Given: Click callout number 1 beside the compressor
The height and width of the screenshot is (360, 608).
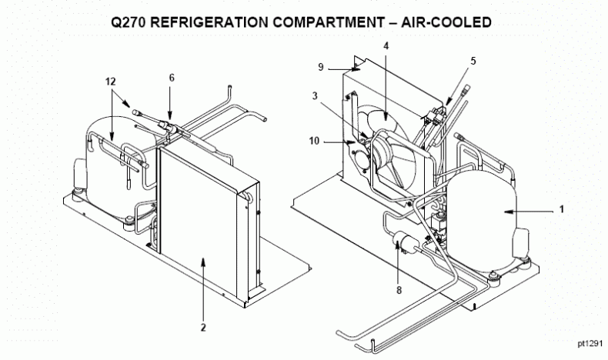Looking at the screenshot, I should pos(562,208).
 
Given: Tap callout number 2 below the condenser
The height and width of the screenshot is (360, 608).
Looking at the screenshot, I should pos(203,327).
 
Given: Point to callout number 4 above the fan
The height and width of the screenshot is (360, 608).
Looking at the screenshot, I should pos(386,45).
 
